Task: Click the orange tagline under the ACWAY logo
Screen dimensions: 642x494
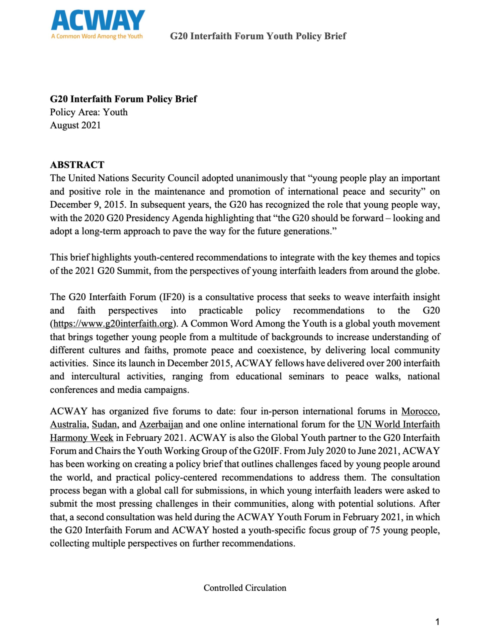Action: click(97, 36)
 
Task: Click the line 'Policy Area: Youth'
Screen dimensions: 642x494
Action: click(89, 112)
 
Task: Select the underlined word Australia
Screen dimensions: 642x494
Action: click(68, 425)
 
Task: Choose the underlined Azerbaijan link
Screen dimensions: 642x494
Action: click(161, 425)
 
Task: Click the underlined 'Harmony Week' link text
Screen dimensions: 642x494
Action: click(81, 438)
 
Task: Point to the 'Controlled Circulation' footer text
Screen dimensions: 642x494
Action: click(245, 588)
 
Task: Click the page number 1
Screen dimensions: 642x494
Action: click(437, 622)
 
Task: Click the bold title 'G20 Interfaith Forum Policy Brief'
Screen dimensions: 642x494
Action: click(123, 99)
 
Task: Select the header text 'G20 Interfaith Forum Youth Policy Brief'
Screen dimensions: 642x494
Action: click(258, 36)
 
